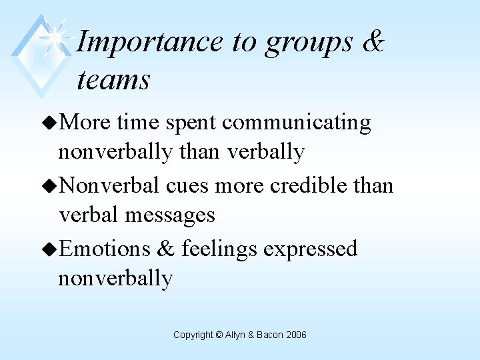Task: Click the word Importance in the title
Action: (x=150, y=42)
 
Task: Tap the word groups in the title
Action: (x=309, y=42)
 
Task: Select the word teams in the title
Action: (x=113, y=80)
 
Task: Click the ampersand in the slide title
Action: (x=373, y=41)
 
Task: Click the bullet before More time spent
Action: (x=50, y=123)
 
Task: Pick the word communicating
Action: (x=297, y=123)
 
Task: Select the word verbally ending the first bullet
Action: (x=266, y=152)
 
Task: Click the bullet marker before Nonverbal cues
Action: (x=50, y=186)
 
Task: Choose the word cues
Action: (x=187, y=185)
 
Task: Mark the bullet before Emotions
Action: (x=50, y=249)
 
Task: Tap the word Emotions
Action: (x=105, y=249)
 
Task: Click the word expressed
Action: (x=310, y=249)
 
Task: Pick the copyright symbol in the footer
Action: (x=219, y=335)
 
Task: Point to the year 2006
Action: (x=297, y=335)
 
